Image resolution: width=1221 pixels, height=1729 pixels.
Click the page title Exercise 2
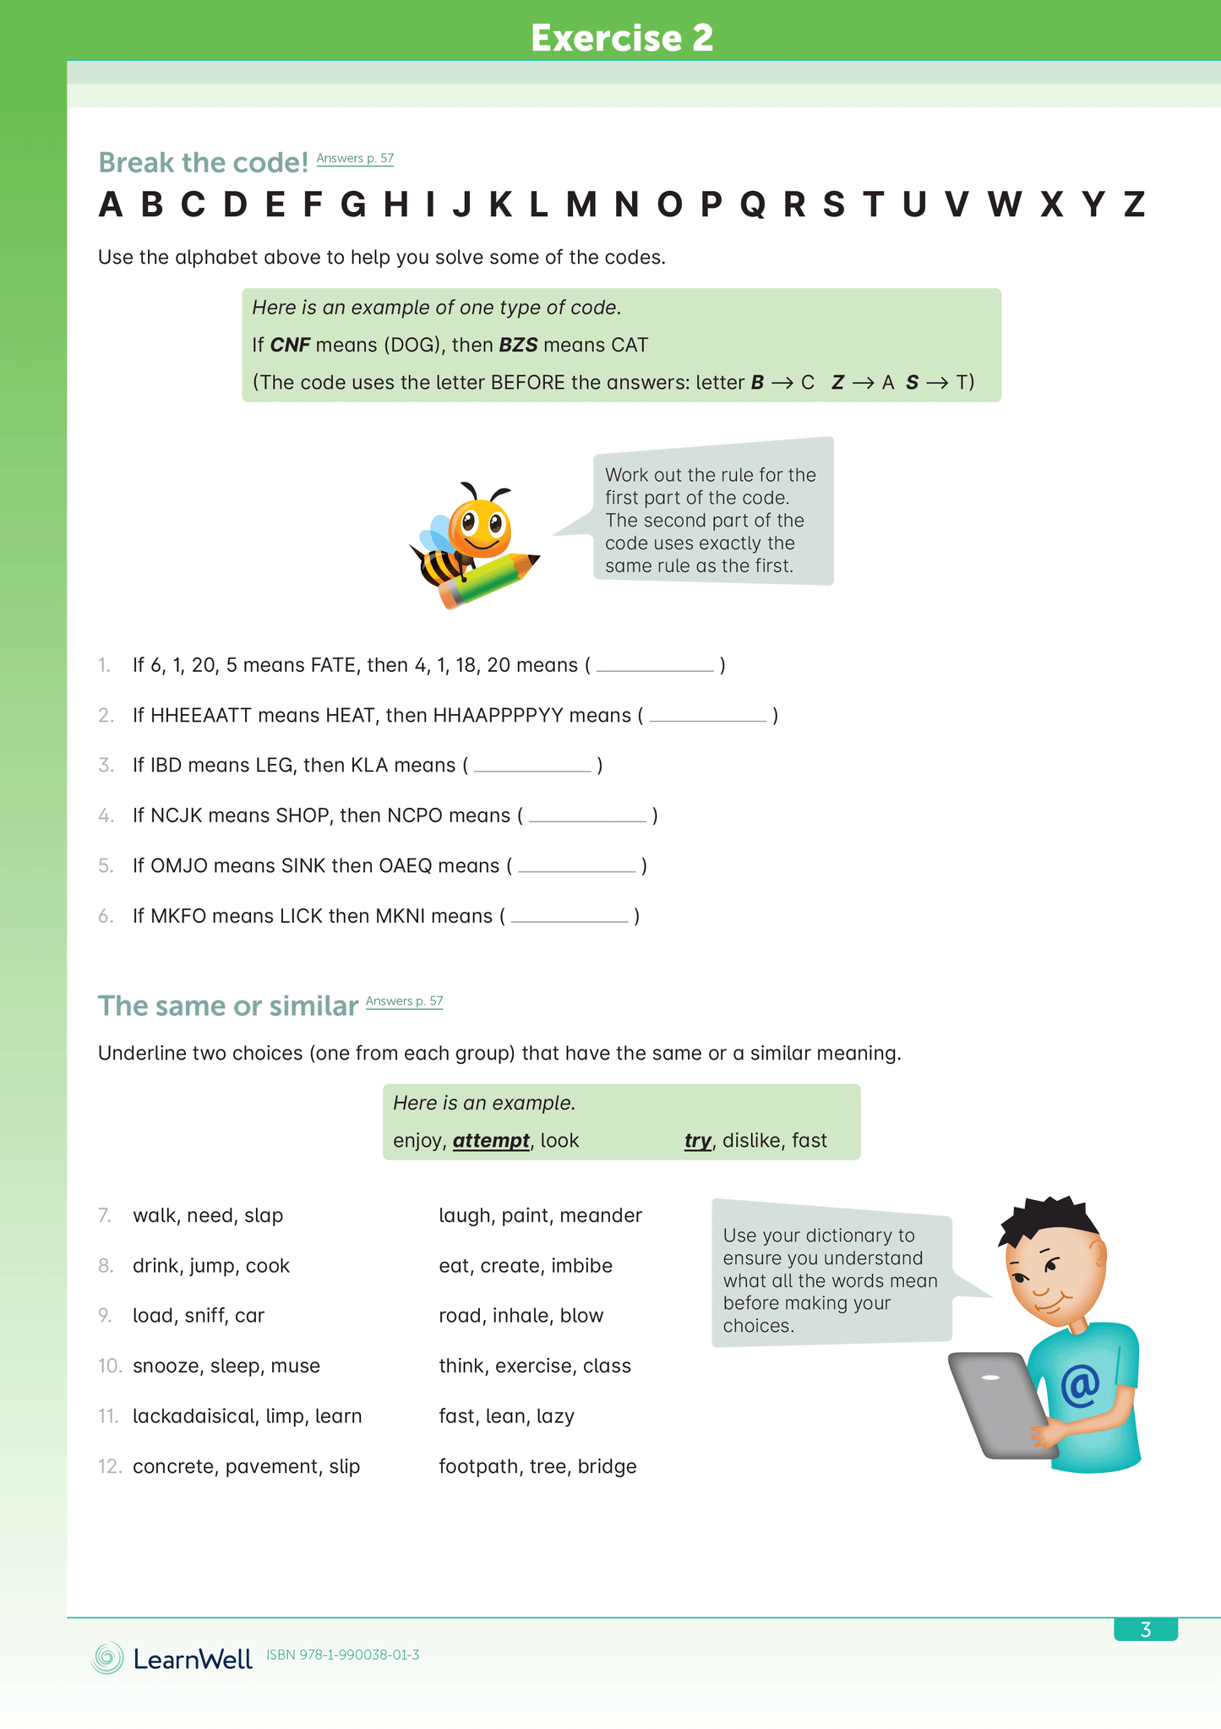(x=622, y=38)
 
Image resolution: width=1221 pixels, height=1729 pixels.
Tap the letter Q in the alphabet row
(x=752, y=205)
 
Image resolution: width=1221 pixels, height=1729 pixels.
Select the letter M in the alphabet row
(x=581, y=205)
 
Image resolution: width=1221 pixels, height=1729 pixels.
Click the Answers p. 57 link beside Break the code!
(x=355, y=158)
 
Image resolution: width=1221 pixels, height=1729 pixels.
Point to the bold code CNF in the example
(x=290, y=345)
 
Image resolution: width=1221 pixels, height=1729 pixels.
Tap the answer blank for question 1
(x=655, y=666)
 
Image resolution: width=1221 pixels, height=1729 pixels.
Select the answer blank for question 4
(x=587, y=816)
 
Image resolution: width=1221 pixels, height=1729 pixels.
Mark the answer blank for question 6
(x=570, y=917)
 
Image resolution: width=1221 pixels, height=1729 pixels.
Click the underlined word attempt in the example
(x=491, y=1141)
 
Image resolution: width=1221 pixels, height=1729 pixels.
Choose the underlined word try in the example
(x=697, y=1141)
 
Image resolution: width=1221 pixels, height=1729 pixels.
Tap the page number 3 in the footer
(x=1145, y=1629)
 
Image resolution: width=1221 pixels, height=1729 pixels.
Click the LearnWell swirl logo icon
(x=107, y=1658)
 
